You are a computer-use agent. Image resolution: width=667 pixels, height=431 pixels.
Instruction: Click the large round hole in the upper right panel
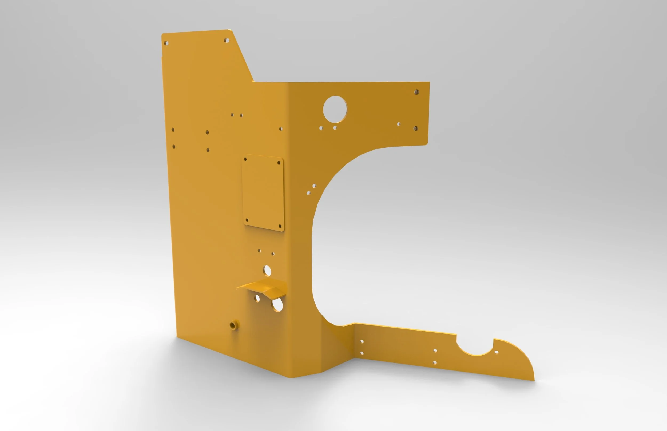(x=335, y=110)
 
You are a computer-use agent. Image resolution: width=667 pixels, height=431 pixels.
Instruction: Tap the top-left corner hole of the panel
(x=166, y=43)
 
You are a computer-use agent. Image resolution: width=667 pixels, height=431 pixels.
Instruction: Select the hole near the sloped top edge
(x=226, y=41)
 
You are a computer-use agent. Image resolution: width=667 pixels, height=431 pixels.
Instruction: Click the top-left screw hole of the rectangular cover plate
(x=245, y=159)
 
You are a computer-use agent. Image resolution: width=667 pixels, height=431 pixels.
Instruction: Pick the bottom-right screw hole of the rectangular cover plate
(x=280, y=226)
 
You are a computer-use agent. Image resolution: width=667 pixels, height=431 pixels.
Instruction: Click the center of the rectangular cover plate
(x=263, y=192)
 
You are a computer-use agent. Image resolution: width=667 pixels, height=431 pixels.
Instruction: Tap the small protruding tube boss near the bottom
(x=233, y=325)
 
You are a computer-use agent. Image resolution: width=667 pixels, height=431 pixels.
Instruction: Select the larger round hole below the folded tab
(x=277, y=305)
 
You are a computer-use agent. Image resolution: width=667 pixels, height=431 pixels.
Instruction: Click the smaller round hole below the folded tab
(x=257, y=298)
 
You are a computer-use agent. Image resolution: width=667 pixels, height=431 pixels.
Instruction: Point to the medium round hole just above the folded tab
(x=267, y=271)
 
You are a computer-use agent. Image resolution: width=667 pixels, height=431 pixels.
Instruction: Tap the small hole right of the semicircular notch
(x=497, y=352)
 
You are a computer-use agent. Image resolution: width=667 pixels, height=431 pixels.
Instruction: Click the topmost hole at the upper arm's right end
(x=416, y=92)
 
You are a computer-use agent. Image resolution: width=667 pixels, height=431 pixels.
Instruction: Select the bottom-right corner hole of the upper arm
(x=415, y=128)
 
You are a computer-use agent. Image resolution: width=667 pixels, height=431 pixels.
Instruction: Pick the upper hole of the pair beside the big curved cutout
(x=314, y=186)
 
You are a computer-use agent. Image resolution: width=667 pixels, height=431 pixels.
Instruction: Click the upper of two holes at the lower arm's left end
(x=362, y=342)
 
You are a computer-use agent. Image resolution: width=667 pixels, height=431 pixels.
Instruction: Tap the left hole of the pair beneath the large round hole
(x=321, y=128)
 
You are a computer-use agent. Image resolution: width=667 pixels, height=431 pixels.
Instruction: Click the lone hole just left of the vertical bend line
(x=281, y=129)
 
